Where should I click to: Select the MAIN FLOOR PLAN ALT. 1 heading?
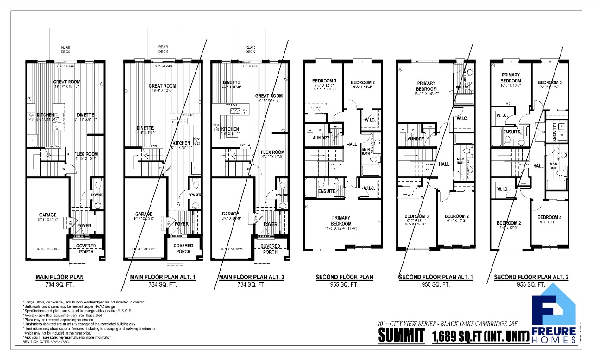pyautogui.click(x=163, y=278)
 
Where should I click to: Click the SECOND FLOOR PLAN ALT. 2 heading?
pyautogui.click(x=531, y=278)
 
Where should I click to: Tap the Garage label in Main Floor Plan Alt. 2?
pyautogui.click(x=230, y=214)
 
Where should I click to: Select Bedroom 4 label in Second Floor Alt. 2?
pyautogui.click(x=549, y=217)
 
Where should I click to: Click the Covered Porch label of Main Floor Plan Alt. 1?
pyautogui.click(x=183, y=248)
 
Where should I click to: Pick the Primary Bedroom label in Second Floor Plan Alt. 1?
pyautogui.click(x=426, y=86)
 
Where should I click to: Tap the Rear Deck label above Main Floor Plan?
pyautogui.click(x=65, y=49)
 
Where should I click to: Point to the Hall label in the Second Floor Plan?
pyautogui.click(x=352, y=145)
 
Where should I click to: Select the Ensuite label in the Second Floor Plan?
pyautogui.click(x=327, y=191)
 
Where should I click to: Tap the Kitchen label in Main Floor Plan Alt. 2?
pyautogui.click(x=230, y=129)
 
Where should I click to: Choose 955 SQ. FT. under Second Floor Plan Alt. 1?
pyautogui.click(x=435, y=285)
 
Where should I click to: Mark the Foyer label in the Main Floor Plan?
pyautogui.click(x=84, y=226)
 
